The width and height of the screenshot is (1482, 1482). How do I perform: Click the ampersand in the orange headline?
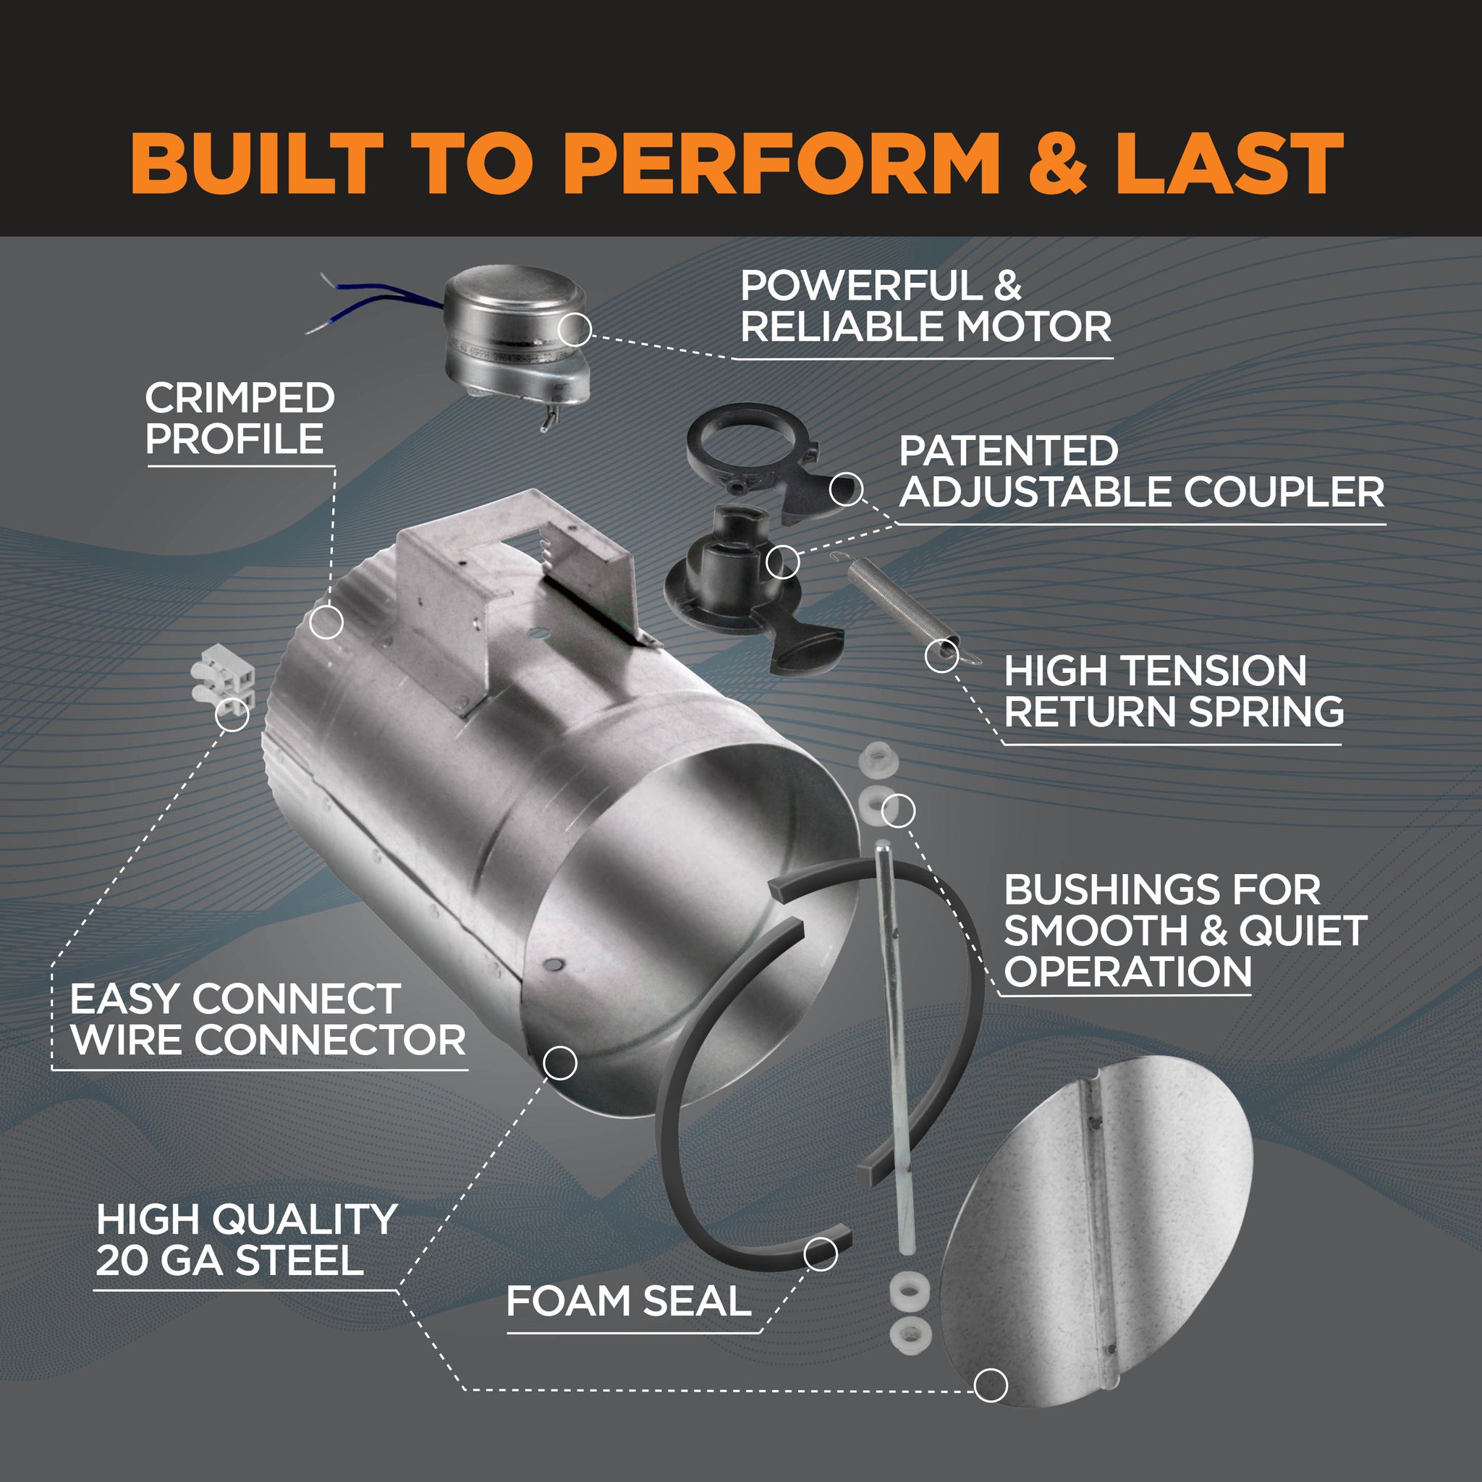[1057, 163]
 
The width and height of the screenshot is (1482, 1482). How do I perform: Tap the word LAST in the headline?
[1229, 163]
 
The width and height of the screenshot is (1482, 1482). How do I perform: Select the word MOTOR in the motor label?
[1033, 328]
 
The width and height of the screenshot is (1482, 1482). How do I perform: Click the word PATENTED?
[1008, 451]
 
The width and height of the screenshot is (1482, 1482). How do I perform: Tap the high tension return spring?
[902, 606]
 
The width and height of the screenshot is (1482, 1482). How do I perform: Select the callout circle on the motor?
[575, 330]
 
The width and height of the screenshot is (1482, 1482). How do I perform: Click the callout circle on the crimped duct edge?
[326, 622]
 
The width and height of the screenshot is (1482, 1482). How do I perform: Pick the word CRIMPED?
[240, 398]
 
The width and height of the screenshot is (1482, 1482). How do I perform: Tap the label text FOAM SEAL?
[628, 1302]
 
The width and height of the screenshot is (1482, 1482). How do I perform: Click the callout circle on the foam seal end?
[820, 1254]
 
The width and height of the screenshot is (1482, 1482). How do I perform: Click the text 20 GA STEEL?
[229, 1261]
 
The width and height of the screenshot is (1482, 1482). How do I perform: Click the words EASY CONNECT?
[235, 999]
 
